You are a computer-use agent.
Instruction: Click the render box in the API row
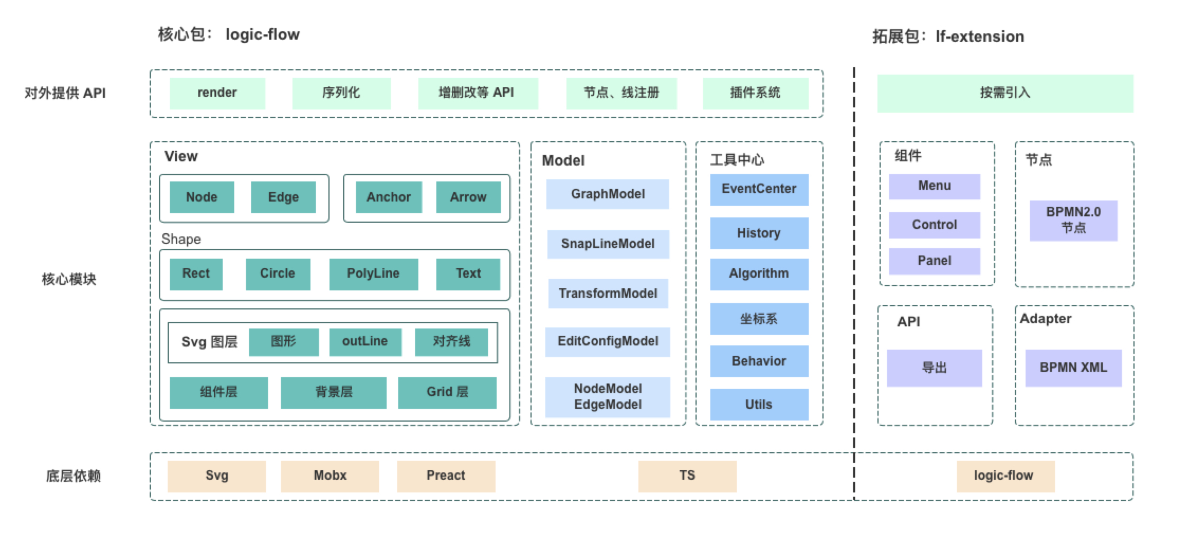pyautogui.click(x=217, y=93)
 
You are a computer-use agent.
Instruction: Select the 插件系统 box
pyautogui.click(x=755, y=93)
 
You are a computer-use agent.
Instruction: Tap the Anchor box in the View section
pyautogui.click(x=389, y=197)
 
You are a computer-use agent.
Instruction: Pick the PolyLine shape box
pyautogui.click(x=373, y=274)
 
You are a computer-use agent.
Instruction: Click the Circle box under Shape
pyautogui.click(x=278, y=274)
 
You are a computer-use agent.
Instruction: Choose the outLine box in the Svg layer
pyautogui.click(x=365, y=342)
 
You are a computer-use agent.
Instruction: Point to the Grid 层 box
pyautogui.click(x=447, y=392)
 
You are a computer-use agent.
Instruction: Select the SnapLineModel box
pyautogui.click(x=608, y=244)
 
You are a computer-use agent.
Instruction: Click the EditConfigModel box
pyautogui.click(x=608, y=342)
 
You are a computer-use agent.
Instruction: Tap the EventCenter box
pyautogui.click(x=759, y=189)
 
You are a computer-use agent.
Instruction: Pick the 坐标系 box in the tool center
pyautogui.click(x=759, y=319)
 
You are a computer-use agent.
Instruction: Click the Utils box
pyautogui.click(x=759, y=405)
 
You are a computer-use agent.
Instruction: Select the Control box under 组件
pyautogui.click(x=935, y=225)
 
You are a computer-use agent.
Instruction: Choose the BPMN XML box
pyautogui.click(x=1073, y=368)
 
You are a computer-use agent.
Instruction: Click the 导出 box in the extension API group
pyautogui.click(x=934, y=368)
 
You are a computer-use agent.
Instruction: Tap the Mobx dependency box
pyautogui.click(x=330, y=476)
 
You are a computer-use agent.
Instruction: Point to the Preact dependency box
pyautogui.click(x=446, y=476)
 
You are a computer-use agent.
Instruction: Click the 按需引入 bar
pyautogui.click(x=1005, y=93)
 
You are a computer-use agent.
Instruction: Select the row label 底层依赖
pyautogui.click(x=73, y=476)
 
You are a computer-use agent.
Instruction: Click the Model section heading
pyautogui.click(x=563, y=161)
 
